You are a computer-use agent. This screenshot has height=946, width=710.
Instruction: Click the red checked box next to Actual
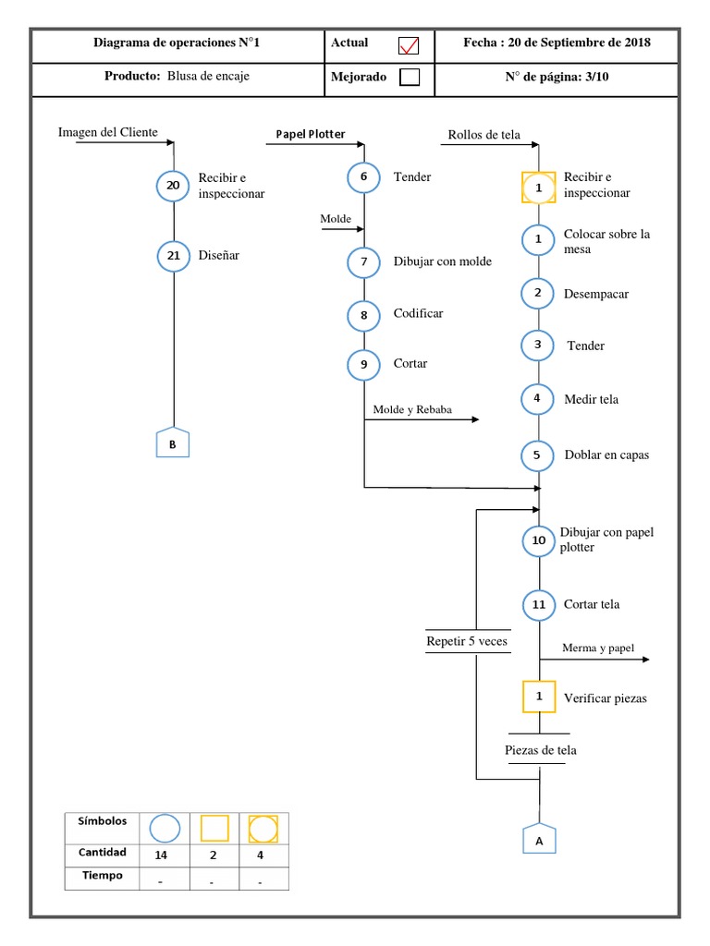point(409,45)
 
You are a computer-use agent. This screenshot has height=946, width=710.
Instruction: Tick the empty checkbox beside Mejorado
point(410,78)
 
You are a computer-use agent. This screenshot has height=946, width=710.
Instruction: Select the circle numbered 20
point(173,185)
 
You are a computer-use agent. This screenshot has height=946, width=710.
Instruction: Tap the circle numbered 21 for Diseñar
point(173,255)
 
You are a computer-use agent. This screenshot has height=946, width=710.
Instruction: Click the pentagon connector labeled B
point(173,443)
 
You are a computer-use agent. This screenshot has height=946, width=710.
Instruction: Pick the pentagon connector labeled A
point(539,839)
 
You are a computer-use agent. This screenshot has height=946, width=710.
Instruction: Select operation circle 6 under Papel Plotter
point(363,176)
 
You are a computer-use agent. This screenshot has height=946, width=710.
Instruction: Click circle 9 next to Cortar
point(363,364)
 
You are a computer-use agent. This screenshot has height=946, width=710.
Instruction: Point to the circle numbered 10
point(539,540)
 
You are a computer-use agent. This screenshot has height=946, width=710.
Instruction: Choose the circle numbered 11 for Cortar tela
point(539,604)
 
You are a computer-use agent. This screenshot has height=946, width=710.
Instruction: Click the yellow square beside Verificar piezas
point(539,697)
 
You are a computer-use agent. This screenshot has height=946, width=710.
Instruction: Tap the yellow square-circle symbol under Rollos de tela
point(539,188)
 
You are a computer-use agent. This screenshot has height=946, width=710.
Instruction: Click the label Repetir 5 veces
point(467,641)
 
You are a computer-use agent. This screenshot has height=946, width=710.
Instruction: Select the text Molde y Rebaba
point(412,409)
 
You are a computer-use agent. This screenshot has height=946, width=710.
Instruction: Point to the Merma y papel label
point(598,648)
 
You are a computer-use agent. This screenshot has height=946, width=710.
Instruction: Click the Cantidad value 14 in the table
point(161,855)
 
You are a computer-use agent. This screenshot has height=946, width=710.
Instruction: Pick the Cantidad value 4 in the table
point(260,855)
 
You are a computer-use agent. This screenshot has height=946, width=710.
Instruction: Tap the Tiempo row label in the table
point(102,876)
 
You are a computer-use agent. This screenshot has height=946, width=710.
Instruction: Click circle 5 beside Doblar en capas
point(537,455)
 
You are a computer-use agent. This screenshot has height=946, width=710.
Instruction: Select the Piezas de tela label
point(540,750)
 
